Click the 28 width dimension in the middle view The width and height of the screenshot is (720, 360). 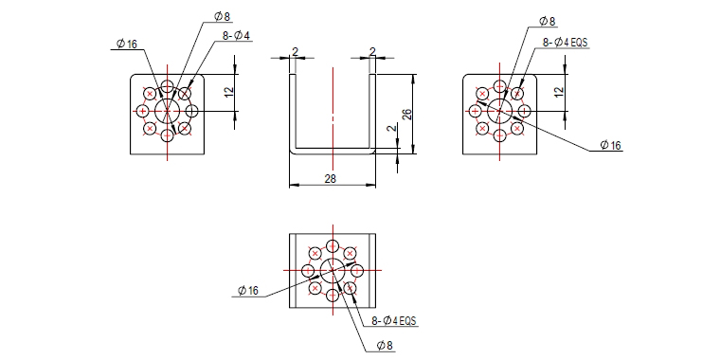click(330, 179)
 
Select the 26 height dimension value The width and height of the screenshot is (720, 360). click(406, 114)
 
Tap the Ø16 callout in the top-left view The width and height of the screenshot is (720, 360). click(127, 45)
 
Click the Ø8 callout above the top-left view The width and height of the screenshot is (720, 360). click(223, 17)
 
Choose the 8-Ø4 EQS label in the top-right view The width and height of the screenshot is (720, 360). click(566, 43)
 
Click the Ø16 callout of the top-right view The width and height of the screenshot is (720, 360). click(610, 146)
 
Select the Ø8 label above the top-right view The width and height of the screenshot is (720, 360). click(547, 21)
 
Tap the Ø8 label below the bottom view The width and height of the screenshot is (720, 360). click(385, 346)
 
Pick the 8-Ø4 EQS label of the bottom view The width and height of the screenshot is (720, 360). click(393, 321)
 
